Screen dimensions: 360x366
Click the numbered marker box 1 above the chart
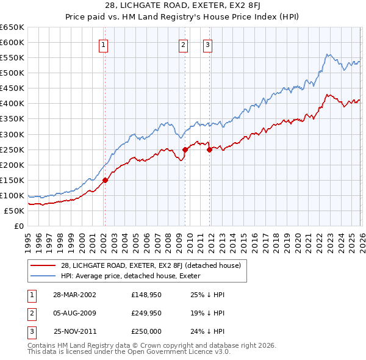tap(104, 44)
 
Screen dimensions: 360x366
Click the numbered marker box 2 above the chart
tap(183, 44)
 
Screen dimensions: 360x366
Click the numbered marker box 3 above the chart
tap(208, 44)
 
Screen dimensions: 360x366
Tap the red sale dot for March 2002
tap(105, 180)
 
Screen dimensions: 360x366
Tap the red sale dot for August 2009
tap(185, 149)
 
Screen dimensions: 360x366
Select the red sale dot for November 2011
tap(209, 149)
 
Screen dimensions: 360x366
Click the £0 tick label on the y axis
tap(19, 226)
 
